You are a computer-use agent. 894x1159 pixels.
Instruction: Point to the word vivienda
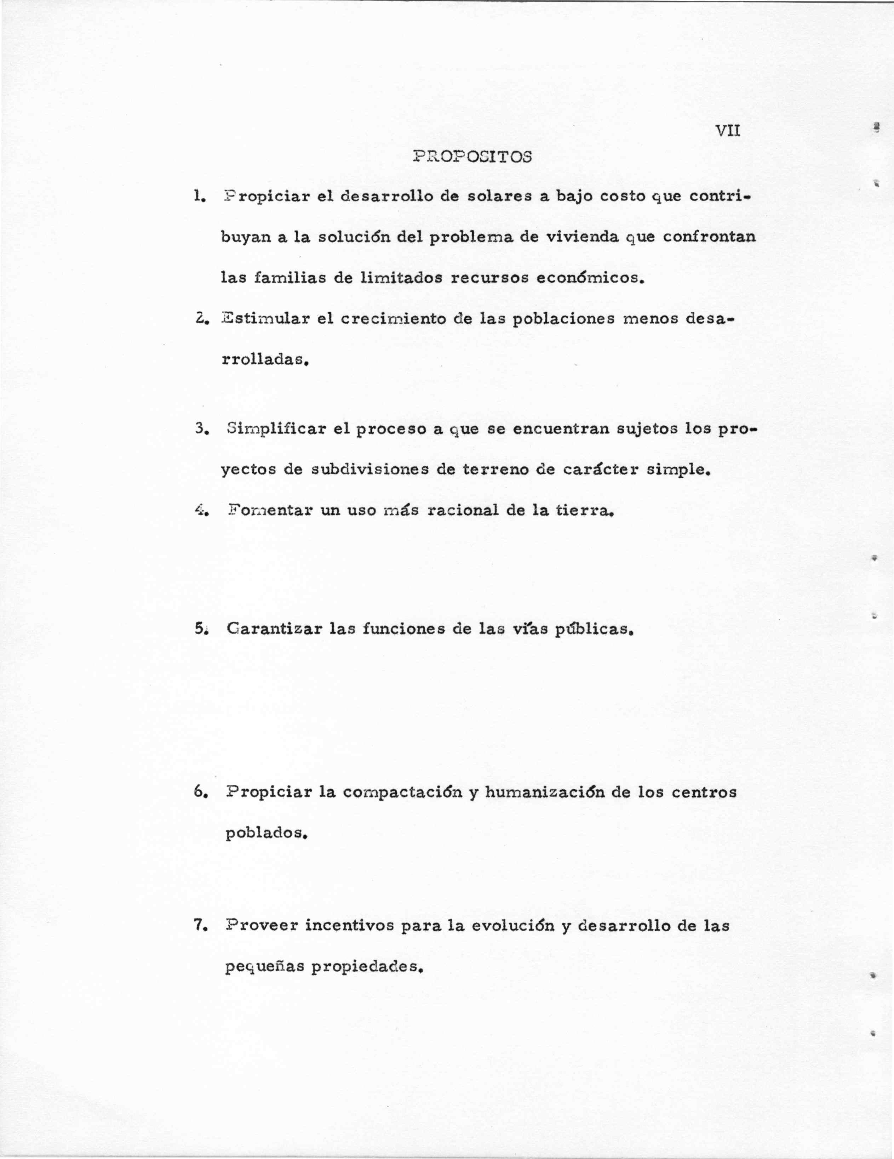582,237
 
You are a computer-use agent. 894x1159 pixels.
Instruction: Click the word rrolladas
264,360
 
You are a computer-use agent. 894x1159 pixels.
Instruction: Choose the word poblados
266,833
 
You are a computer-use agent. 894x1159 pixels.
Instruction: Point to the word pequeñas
264,967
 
